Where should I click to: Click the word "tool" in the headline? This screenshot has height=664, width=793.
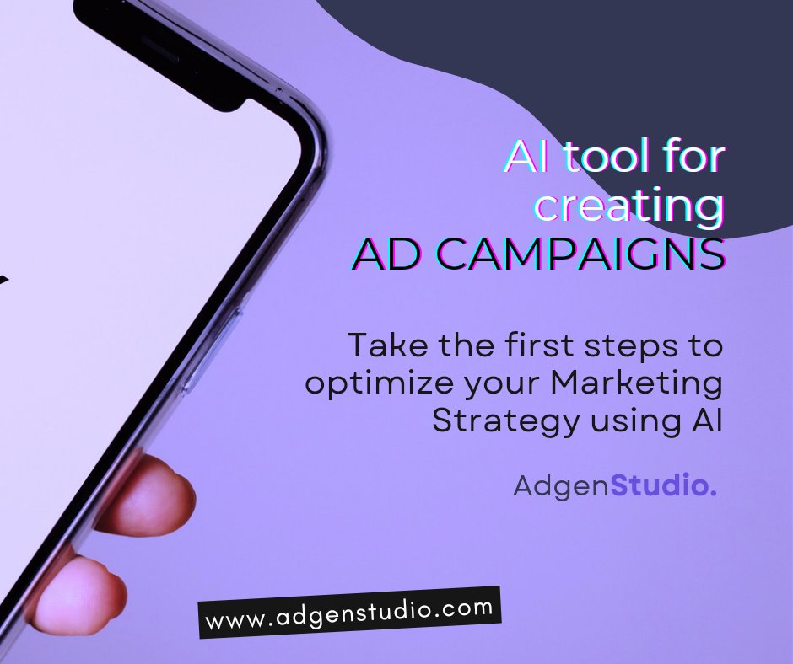(597, 158)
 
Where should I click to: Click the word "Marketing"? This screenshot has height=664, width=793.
(636, 384)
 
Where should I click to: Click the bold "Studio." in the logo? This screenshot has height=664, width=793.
(663, 485)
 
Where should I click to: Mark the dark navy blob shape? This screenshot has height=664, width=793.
(591, 59)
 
